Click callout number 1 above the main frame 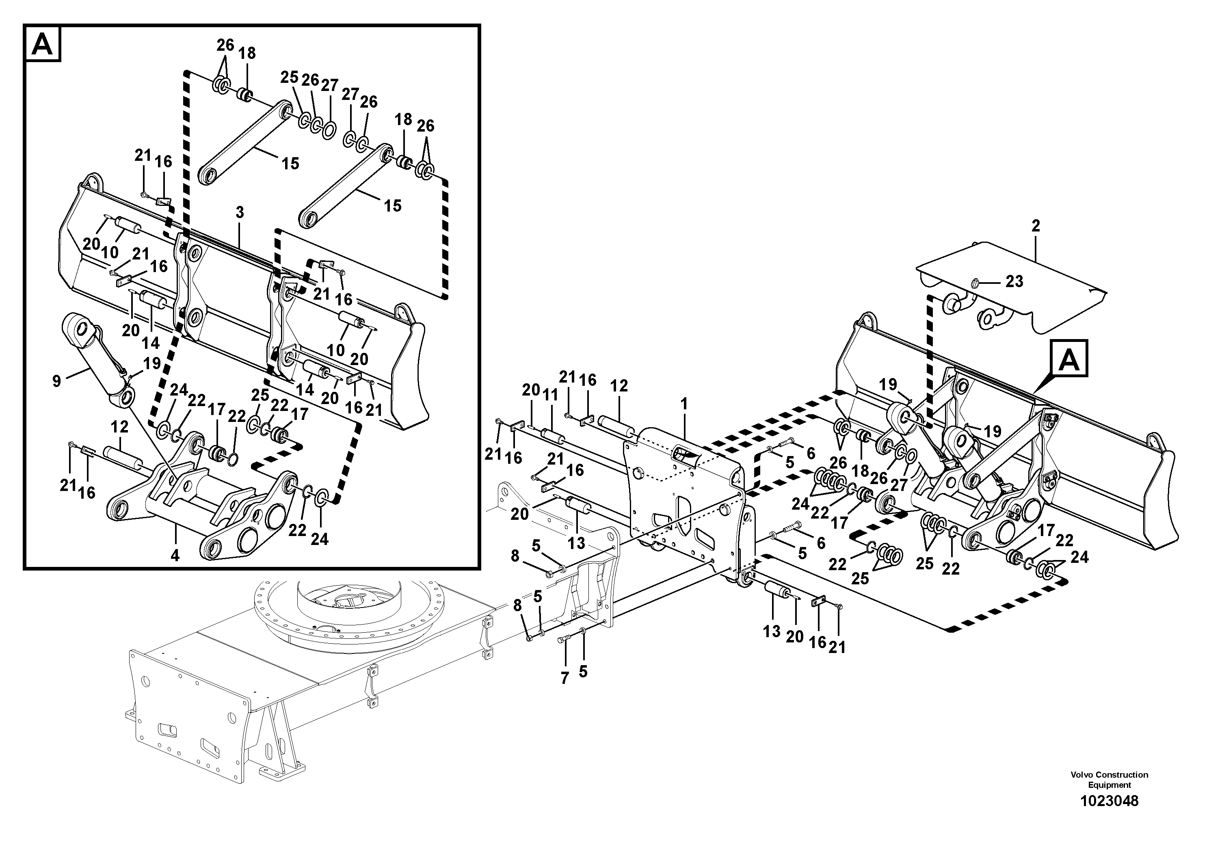tap(684, 404)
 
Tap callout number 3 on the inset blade tap(240, 213)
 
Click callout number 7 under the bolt tap(564, 679)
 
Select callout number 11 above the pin tap(550, 395)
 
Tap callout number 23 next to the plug tap(1014, 282)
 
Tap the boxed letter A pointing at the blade tap(1069, 361)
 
